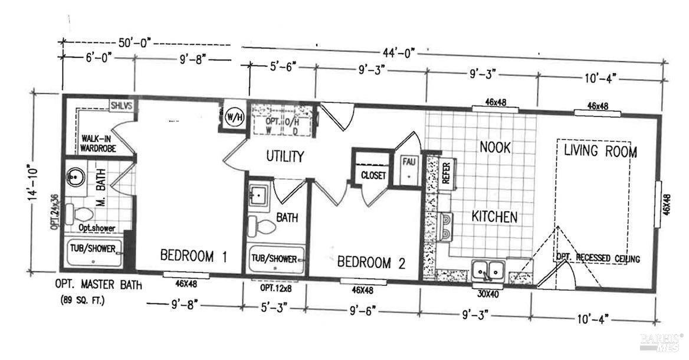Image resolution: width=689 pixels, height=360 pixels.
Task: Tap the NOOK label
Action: point(494,146)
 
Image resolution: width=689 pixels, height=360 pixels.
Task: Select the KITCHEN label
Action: point(494,217)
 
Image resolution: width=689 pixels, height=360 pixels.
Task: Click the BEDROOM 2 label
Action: point(371,263)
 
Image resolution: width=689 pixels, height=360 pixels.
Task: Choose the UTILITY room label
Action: point(284,156)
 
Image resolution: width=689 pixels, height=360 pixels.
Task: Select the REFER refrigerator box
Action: point(446,174)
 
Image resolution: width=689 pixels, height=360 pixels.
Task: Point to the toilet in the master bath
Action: point(79,212)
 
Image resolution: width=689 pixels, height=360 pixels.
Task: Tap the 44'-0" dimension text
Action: point(399,53)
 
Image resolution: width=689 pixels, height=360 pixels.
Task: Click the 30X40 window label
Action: point(487,293)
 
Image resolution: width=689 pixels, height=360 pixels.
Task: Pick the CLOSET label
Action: point(373,176)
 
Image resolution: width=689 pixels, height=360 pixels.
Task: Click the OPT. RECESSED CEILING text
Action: point(598,258)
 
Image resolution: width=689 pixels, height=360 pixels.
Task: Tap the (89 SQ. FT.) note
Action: point(83,300)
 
